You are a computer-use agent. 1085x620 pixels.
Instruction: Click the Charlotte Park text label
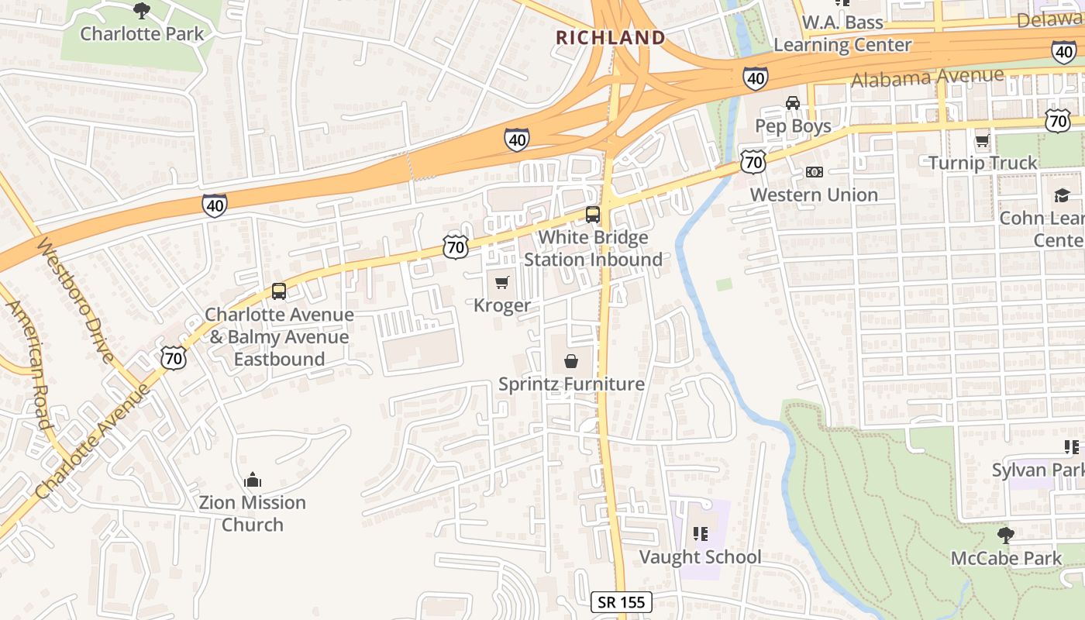point(143,33)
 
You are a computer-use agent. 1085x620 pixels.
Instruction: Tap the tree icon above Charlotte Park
point(141,10)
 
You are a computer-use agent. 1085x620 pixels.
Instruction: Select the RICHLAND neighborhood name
point(610,37)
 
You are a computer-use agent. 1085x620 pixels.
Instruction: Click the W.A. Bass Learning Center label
point(842,33)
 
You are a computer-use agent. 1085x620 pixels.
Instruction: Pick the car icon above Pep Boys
point(792,103)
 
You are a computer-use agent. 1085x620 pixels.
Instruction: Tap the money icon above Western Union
point(814,171)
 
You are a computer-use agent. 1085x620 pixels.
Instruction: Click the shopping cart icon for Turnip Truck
point(982,140)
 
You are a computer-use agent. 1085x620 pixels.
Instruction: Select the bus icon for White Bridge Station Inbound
point(593,215)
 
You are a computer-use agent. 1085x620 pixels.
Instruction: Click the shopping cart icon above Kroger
point(502,282)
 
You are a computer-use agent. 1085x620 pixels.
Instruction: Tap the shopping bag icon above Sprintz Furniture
point(571,361)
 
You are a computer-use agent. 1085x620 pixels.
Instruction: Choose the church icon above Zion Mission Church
point(253,480)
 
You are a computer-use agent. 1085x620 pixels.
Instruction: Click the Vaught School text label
point(700,556)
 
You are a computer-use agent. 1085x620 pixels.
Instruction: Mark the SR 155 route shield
point(622,602)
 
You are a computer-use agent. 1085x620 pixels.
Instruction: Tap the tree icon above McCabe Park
point(1006,535)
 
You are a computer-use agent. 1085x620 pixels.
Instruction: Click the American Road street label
point(29,364)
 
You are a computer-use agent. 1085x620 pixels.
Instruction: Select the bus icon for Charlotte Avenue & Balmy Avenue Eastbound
point(279,291)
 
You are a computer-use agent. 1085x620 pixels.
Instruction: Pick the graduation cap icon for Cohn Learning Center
point(1061,195)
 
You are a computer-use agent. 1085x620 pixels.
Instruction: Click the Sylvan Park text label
point(1038,470)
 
